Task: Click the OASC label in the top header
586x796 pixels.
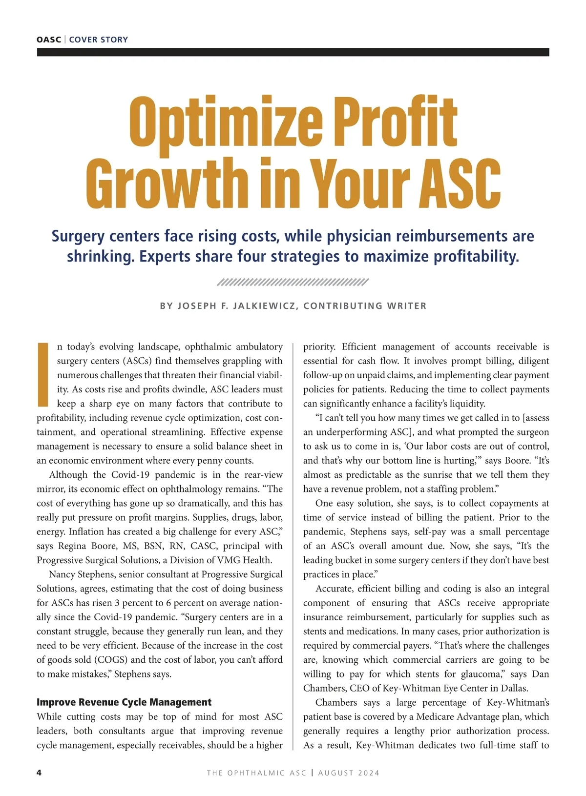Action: click(49, 40)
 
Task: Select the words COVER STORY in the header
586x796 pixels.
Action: click(99, 40)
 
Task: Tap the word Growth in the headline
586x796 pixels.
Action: click(166, 183)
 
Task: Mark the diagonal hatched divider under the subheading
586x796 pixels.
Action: click(293, 282)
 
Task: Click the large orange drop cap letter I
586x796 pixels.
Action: click(43, 375)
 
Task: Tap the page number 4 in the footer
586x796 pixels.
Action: click(40, 773)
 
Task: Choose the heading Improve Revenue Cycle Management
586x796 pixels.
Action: click(124, 702)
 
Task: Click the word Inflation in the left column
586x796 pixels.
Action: click(87, 531)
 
